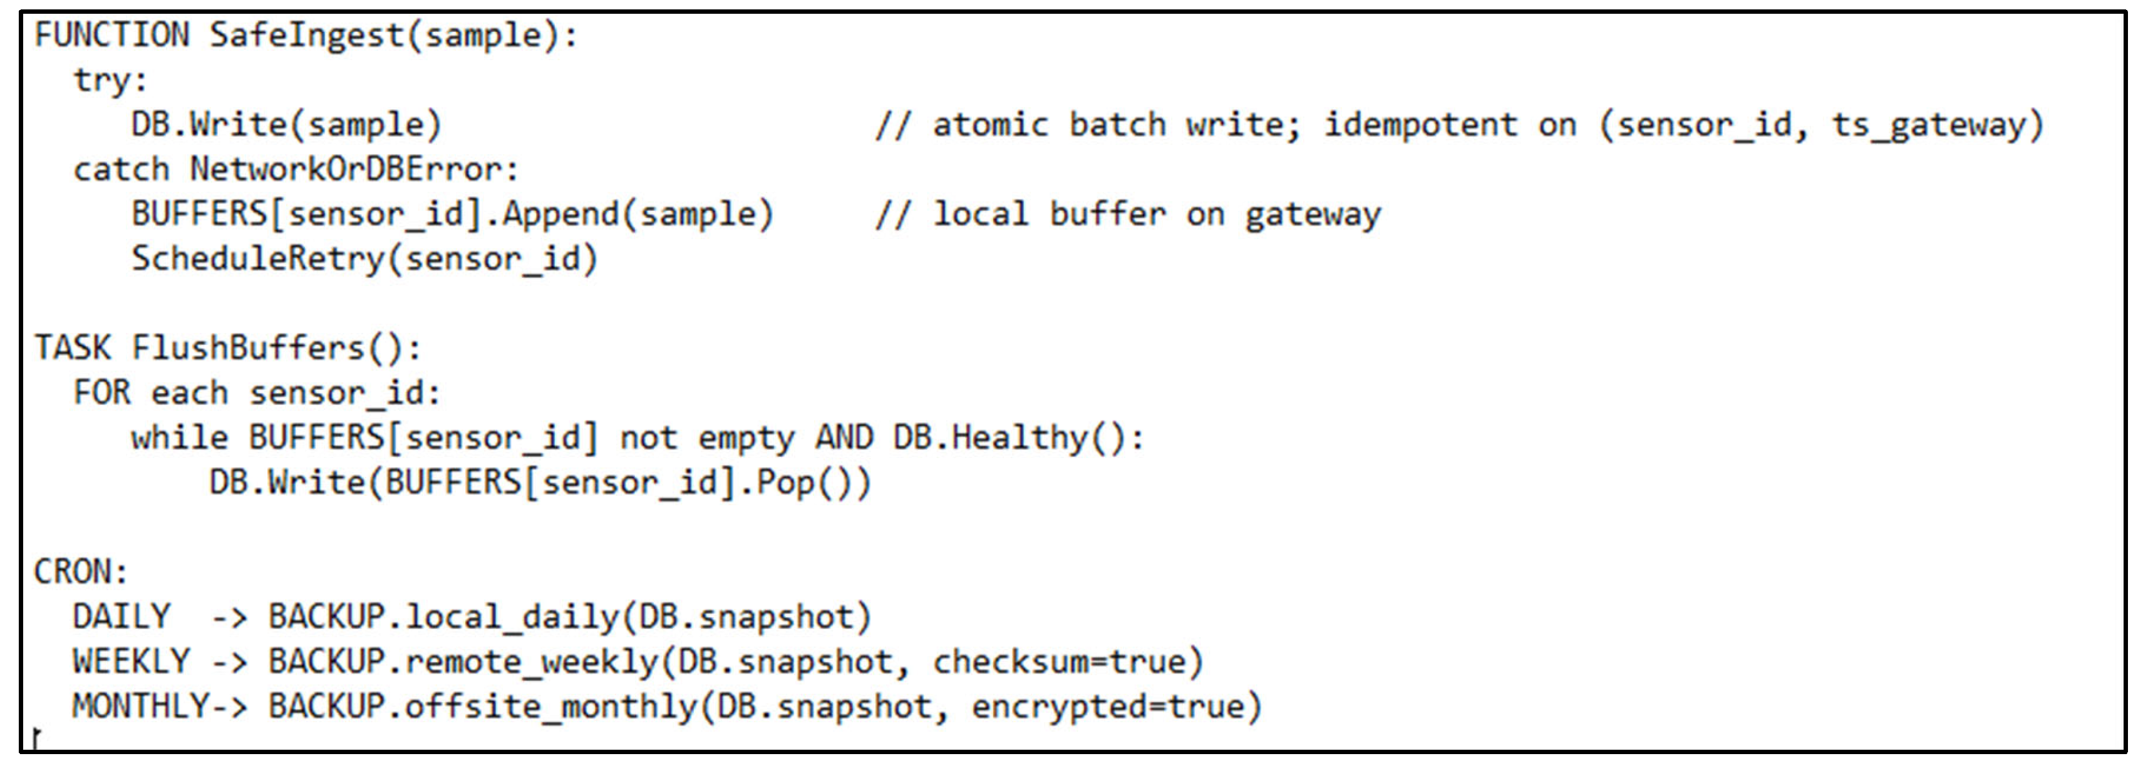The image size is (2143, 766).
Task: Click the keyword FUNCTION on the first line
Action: [x=111, y=35]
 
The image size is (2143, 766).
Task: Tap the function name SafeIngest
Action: [x=306, y=35]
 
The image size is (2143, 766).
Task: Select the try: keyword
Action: [x=110, y=81]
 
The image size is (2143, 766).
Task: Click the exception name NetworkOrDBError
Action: [x=345, y=170]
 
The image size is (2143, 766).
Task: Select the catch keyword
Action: [x=121, y=170]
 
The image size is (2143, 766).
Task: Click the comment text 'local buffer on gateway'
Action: [x=1156, y=215]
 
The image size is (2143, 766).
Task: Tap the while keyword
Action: [x=179, y=438]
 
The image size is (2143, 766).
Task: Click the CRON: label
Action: [x=80, y=572]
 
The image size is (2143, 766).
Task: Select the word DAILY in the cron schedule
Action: [x=121, y=617]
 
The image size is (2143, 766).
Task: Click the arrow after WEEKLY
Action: [x=229, y=662]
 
